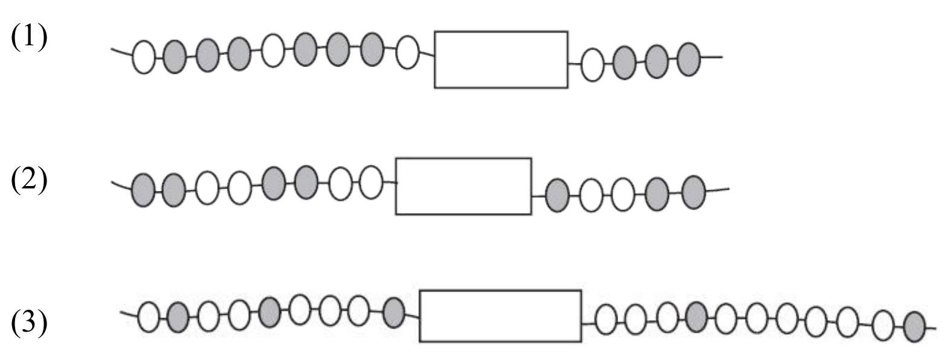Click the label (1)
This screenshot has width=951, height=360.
[28, 37]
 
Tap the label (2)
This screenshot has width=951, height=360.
[28, 181]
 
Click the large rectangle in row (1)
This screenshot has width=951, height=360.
[501, 59]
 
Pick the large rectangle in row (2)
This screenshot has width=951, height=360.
[463, 186]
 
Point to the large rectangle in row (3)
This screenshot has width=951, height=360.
[500, 316]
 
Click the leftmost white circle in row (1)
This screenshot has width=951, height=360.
[143, 57]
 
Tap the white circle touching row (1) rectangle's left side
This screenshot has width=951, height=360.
[407, 52]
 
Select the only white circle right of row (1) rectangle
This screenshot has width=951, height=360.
[592, 65]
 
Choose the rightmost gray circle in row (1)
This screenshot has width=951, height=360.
[688, 59]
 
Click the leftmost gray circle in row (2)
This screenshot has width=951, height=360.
[143, 190]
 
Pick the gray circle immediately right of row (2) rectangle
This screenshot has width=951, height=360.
[556, 194]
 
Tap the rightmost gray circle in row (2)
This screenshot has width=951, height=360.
[693, 192]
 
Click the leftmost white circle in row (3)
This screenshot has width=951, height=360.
[148, 317]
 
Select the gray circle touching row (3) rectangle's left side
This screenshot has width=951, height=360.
[394, 312]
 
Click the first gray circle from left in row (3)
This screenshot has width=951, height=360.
[178, 317]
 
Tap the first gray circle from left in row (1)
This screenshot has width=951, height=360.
[175, 57]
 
